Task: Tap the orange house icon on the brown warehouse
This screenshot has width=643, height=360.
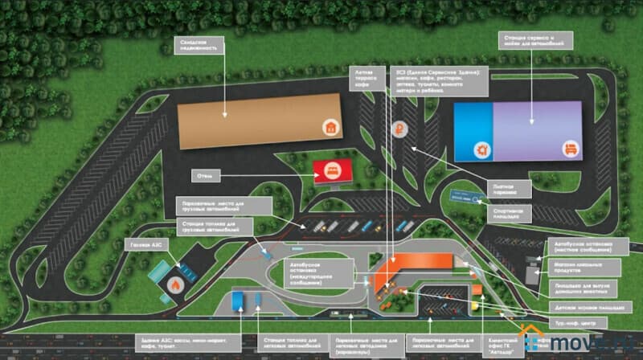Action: coord(330,126)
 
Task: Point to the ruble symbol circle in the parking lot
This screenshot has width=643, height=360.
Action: coord(398,127)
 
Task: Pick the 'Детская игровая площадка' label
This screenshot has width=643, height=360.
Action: coord(585,307)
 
